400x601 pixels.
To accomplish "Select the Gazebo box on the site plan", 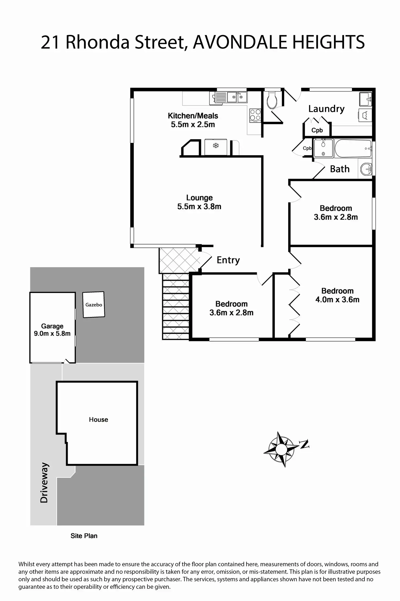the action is [x=93, y=304].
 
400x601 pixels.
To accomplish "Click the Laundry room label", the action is [x=326, y=109].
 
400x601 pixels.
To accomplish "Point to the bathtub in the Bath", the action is [x=353, y=148].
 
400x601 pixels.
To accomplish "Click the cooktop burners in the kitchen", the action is [x=255, y=115].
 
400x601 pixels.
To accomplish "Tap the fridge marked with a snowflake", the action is [x=216, y=147].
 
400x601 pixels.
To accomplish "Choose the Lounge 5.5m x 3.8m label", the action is [x=199, y=202].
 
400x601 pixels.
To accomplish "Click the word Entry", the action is [x=228, y=260].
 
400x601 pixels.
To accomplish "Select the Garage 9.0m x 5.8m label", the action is [x=52, y=330].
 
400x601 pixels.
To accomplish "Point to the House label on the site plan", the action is [x=98, y=420].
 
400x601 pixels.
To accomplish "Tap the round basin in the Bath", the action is [x=366, y=169].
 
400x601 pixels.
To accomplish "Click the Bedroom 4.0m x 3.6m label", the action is [x=337, y=295].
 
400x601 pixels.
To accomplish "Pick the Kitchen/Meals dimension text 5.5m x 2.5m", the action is [x=193, y=125].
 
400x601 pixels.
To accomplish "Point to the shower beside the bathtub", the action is [x=323, y=148].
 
